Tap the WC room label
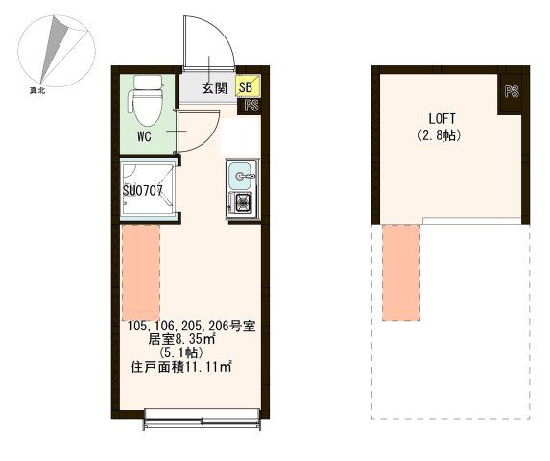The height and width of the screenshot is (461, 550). (x=145, y=136)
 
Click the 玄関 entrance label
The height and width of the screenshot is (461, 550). (x=214, y=88)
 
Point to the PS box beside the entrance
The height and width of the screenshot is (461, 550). (x=251, y=107)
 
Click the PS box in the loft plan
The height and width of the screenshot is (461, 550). (x=511, y=94)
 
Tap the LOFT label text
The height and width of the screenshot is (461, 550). (x=440, y=119)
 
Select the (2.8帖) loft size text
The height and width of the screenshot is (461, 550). (x=440, y=135)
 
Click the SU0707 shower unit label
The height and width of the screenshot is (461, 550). (x=148, y=190)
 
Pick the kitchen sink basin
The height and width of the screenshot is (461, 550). (x=240, y=176)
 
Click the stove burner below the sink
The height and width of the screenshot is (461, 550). (x=241, y=204)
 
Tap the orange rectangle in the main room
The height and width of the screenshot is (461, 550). (x=141, y=274)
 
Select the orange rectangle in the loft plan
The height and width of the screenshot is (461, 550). (x=401, y=272)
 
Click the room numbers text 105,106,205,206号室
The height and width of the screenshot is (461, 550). (x=189, y=326)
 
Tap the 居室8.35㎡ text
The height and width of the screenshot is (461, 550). (x=188, y=339)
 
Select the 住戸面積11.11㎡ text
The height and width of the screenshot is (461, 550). (x=182, y=366)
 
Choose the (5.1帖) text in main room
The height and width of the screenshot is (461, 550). (x=188, y=352)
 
